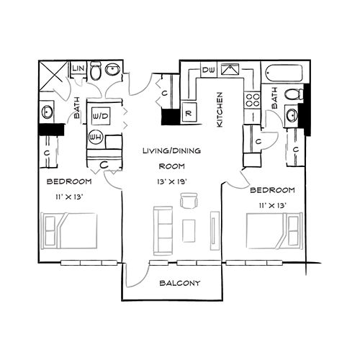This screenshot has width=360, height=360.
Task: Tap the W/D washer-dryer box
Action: [x=99, y=115]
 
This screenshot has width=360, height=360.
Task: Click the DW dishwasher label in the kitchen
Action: [x=209, y=70]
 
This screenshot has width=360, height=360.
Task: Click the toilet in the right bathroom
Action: [x=294, y=94]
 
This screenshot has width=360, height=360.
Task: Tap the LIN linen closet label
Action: [x=78, y=69]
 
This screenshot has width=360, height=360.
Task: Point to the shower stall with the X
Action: [x=52, y=74]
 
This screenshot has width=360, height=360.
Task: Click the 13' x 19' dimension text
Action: [x=174, y=181]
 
